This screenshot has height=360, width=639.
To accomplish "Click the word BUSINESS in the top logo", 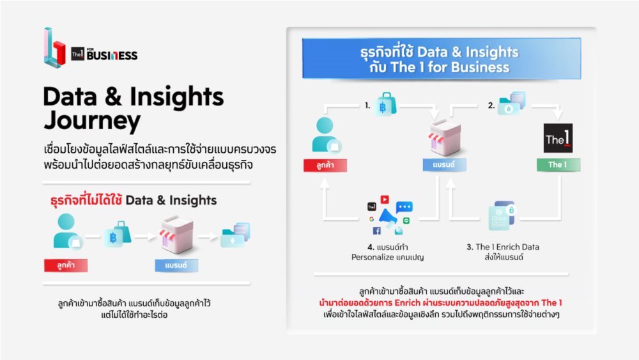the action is point(112,55).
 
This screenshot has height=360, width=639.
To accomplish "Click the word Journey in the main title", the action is point(92,121).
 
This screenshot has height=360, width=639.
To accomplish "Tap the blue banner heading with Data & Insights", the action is point(442,58).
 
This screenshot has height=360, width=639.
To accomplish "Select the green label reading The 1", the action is point(558,165).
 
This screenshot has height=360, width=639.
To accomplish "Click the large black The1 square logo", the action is point(558,138).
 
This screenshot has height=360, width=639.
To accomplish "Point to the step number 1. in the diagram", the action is point(367,106).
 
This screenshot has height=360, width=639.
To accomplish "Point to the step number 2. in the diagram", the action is point(491,106).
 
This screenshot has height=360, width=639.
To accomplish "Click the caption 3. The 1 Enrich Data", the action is point(503,247).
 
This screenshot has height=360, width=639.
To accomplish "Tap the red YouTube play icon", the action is point(385,200).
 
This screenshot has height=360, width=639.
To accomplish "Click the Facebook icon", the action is point(376,231).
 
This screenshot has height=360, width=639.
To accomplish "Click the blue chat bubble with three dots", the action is point(404,207).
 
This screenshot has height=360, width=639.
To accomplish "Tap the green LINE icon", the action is point(406,221).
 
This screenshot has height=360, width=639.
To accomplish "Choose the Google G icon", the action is point(372,219).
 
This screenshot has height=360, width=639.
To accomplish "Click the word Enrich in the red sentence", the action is point(407,302).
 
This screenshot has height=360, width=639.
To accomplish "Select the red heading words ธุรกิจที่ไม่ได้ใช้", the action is point(86,200).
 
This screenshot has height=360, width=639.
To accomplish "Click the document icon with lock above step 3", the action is point(501,215).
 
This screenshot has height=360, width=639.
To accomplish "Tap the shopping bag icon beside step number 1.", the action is point(386,104).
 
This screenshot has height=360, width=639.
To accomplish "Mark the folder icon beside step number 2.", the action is point(512,104).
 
